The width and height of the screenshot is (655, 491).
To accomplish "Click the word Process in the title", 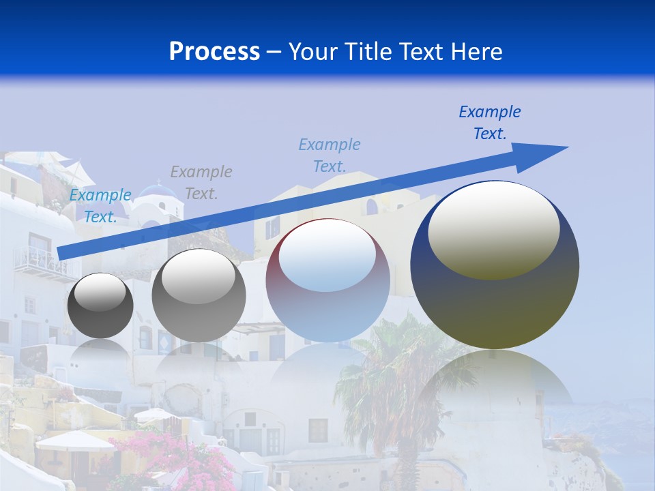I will pyautogui.click(x=214, y=52).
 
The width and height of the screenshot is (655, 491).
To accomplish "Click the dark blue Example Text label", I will pyautogui.click(x=490, y=123).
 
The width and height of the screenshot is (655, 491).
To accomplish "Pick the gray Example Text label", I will pyautogui.click(x=201, y=182).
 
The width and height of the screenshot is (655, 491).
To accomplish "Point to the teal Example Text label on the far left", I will pyautogui.click(x=100, y=206).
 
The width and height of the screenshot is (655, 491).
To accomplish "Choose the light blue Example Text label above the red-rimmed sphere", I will pyautogui.click(x=330, y=155).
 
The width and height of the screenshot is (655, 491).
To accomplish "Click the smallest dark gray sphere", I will pyautogui.click(x=100, y=306).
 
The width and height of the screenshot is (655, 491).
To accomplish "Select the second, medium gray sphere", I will pyautogui.click(x=199, y=295).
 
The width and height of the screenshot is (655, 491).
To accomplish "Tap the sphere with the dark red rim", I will pyautogui.click(x=327, y=281).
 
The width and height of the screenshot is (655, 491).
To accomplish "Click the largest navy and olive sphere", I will pyautogui.click(x=495, y=266).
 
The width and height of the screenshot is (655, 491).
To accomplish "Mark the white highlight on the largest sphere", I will pyautogui.click(x=493, y=228).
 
